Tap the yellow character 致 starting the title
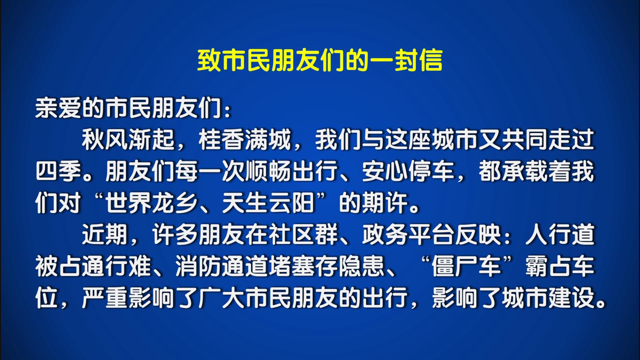coord(209,60)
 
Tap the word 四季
coord(59,172)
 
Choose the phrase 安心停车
coord(409,172)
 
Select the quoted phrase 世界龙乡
coord(152,203)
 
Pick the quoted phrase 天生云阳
coord(269,203)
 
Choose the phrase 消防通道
coord(222,267)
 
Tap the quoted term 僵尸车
coord(467,267)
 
